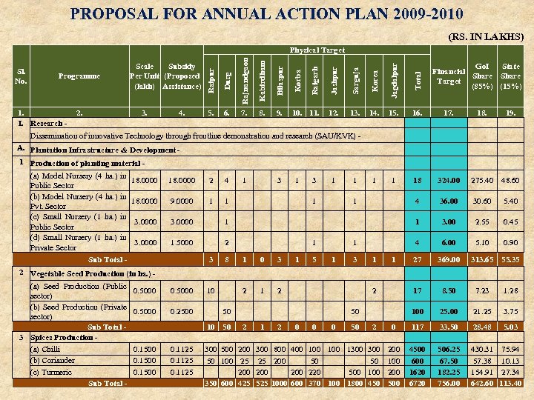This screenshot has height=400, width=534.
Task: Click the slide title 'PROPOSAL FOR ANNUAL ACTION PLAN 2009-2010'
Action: click(267, 14)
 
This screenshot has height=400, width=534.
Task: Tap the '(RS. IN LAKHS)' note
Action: click(486, 36)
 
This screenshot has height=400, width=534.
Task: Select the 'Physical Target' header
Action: click(317, 50)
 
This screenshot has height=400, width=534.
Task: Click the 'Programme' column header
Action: click(79, 76)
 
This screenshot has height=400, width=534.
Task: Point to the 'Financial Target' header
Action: click(449, 76)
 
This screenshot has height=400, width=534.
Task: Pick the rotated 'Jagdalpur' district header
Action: click(394, 75)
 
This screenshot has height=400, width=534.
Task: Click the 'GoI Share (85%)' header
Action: click(482, 76)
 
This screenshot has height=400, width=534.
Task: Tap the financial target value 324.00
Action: click(449, 181)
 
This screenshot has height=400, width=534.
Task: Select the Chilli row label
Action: click(45, 349)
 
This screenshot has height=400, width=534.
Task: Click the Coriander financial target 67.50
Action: click(449, 360)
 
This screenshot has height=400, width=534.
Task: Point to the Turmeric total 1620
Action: click(418, 372)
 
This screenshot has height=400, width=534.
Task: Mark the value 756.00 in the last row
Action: click(449, 383)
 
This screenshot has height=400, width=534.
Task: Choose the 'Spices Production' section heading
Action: click(63, 337)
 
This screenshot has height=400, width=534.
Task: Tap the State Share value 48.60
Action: click(511, 181)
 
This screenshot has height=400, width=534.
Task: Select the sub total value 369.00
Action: click(449, 260)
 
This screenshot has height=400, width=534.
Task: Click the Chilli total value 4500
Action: click(418, 349)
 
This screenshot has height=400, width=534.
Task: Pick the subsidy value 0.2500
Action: click(182, 311)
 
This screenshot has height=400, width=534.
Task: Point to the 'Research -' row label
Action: click(47, 124)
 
